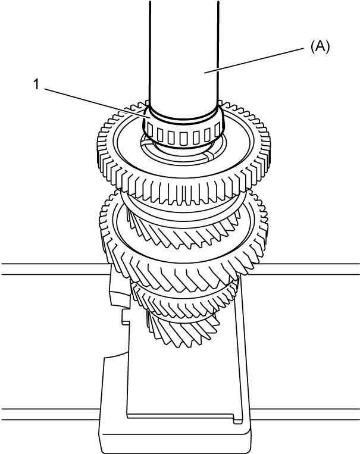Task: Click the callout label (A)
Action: click(320, 46)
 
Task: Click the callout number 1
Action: click(36, 84)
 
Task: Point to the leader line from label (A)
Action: click(253, 61)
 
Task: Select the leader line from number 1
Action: click(98, 104)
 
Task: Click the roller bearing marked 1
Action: click(183, 130)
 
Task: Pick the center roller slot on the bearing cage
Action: click(183, 139)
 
